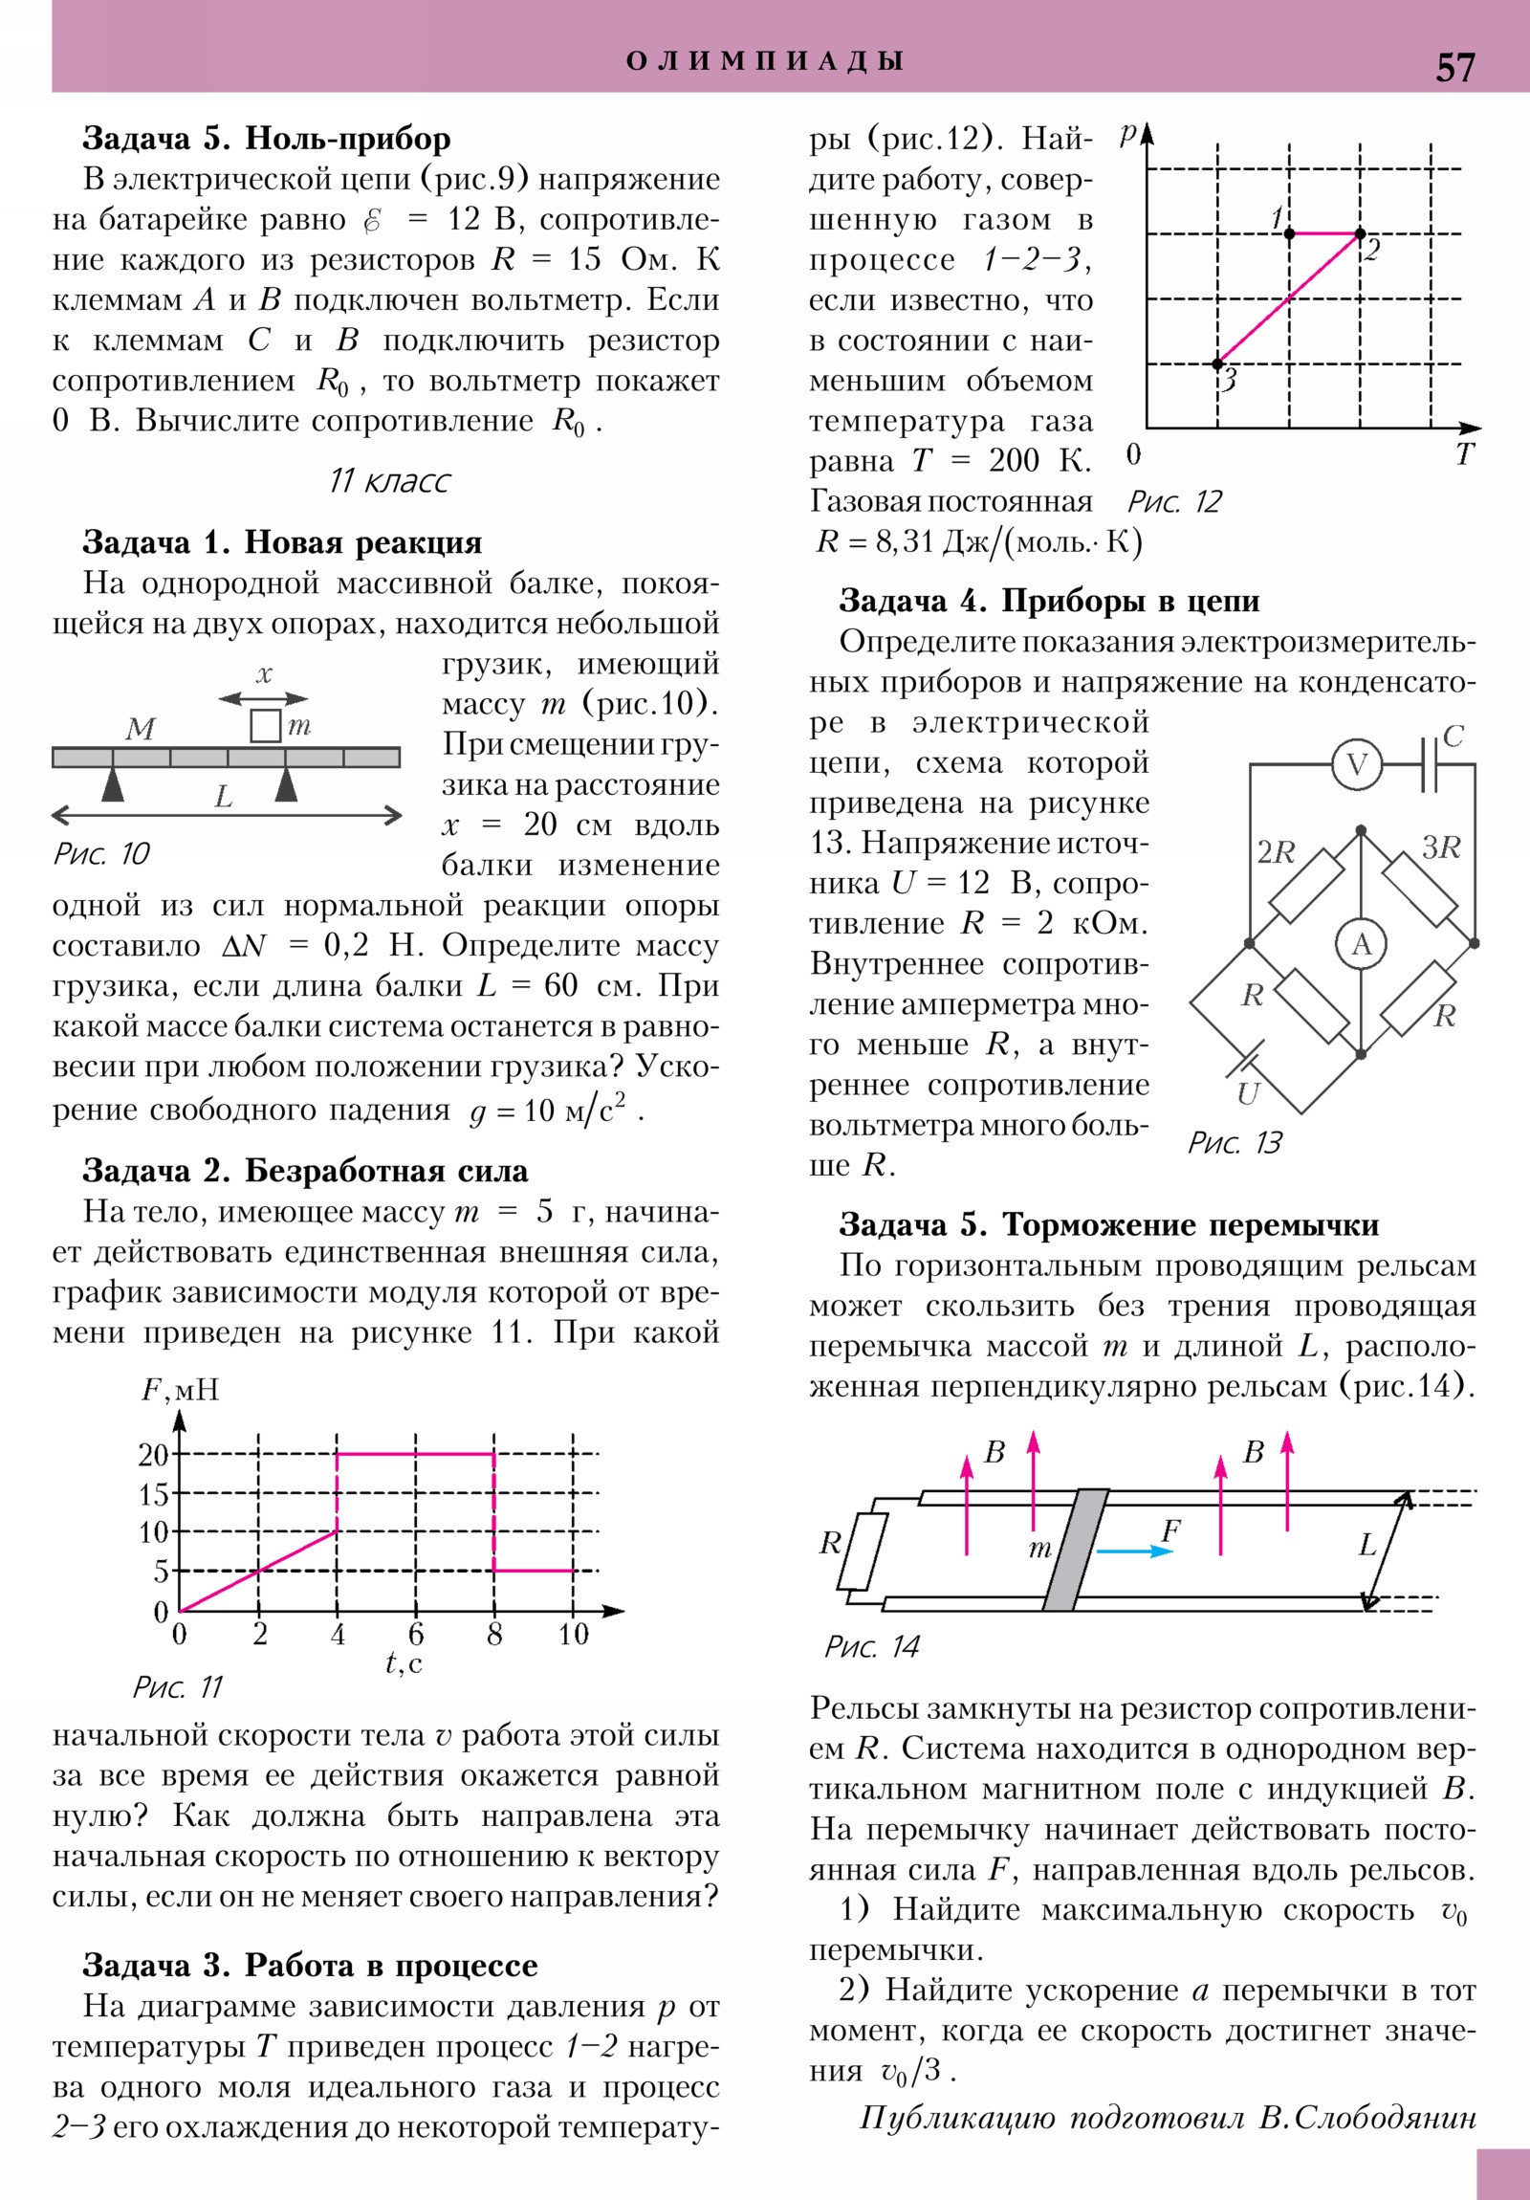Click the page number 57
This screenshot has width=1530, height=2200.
tap(1454, 68)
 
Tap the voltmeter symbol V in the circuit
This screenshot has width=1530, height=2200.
tap(1357, 764)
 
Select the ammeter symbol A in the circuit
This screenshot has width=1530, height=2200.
tap(1362, 945)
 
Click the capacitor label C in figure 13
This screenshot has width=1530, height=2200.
tap(1453, 736)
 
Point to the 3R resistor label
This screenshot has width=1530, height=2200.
tap(1440, 847)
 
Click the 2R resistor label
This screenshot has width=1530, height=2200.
tap(1277, 852)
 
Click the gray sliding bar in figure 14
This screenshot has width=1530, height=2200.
tap(1075, 1550)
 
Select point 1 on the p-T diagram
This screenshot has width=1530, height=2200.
tap(1290, 232)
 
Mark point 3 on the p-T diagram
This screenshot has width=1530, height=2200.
tap(1217, 364)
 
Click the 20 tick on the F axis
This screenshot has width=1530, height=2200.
tap(153, 1455)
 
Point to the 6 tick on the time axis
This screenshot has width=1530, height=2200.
tap(416, 1634)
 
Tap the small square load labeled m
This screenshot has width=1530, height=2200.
tap(266, 725)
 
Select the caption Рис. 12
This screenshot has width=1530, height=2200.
tap(1174, 502)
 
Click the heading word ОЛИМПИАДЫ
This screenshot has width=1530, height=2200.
tap(764, 61)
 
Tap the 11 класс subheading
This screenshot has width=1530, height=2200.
tap(389, 480)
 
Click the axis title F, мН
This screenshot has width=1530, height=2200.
tap(180, 1390)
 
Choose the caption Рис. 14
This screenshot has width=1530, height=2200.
tap(872, 1646)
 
